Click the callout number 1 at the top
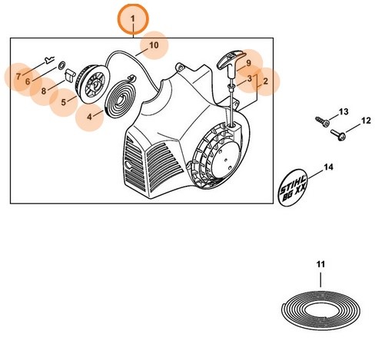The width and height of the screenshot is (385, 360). tap(132, 18)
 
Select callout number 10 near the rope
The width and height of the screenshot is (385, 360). tap(154, 45)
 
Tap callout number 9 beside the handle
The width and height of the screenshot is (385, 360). tap(248, 63)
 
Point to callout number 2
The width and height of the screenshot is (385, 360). tap(265, 80)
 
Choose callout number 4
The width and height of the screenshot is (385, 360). tap(89, 117)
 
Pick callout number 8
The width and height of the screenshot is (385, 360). tap(44, 91)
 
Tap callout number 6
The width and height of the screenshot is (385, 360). tap(27, 80)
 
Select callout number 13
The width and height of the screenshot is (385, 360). tap(344, 112)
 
